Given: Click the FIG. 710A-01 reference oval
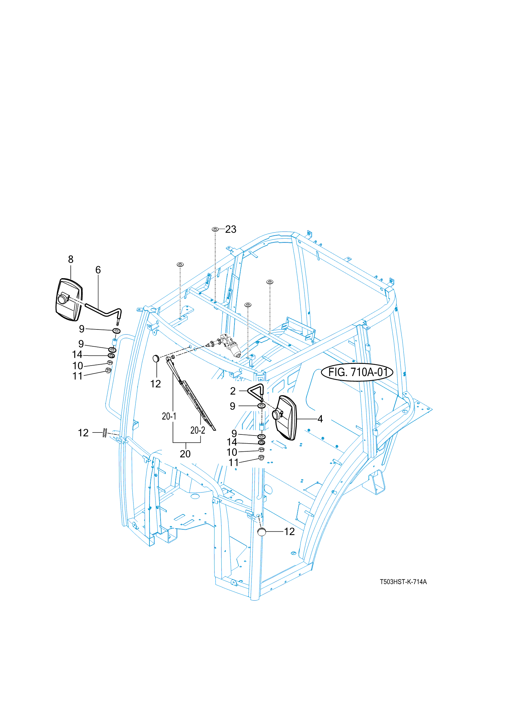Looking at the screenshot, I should pyautogui.click(x=357, y=372).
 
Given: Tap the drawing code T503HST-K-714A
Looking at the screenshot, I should pyautogui.click(x=403, y=582).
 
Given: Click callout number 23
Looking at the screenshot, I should pyautogui.click(x=231, y=229).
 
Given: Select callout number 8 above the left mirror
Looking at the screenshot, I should pyautogui.click(x=71, y=259).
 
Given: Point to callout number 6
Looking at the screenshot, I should pyautogui.click(x=98, y=270).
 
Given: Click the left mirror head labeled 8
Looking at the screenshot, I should pyautogui.click(x=69, y=300).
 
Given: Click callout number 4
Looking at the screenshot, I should pyautogui.click(x=320, y=419).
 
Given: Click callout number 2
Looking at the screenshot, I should pyautogui.click(x=233, y=391).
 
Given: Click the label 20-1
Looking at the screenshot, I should pyautogui.click(x=169, y=416).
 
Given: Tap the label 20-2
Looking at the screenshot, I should pyautogui.click(x=198, y=430).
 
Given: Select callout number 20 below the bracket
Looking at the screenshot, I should pyautogui.click(x=185, y=454).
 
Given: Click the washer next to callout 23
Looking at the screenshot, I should pyautogui.click(x=215, y=230).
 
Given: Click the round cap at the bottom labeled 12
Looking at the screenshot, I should pyautogui.click(x=261, y=532).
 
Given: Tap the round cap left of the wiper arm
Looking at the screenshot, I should pyautogui.click(x=156, y=358).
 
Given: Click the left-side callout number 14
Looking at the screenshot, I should pyautogui.click(x=77, y=354).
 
